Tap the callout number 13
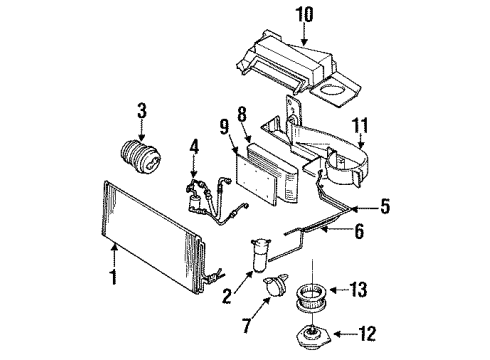(x=384, y=291)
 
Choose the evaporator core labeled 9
(x=263, y=172)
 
